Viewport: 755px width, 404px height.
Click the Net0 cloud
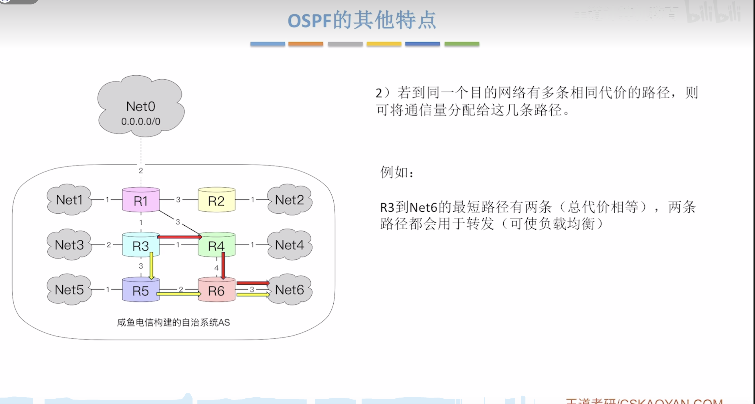(x=141, y=106)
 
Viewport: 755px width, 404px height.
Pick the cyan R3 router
(x=141, y=245)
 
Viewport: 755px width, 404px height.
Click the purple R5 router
(x=141, y=291)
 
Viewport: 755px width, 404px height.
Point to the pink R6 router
(x=216, y=291)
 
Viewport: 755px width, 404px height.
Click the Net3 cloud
(x=69, y=245)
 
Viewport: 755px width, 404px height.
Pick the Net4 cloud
(x=290, y=245)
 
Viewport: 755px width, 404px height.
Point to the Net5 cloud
(x=69, y=290)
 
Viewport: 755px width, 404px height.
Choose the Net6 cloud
(x=290, y=290)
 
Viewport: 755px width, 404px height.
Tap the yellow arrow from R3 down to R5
(x=151, y=265)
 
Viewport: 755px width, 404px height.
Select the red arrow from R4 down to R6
(x=223, y=265)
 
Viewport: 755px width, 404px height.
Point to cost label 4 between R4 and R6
(x=216, y=268)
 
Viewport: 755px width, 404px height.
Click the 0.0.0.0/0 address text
(x=141, y=121)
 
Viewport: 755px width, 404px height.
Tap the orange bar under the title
(x=306, y=44)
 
